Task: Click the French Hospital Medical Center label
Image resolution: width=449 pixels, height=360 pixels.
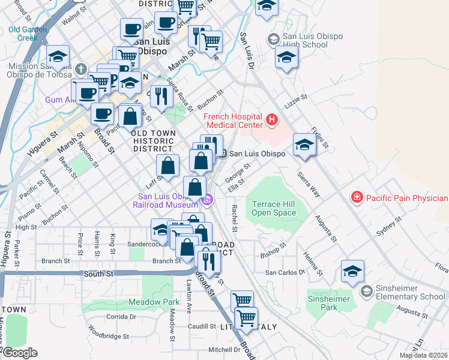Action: coord(234,121)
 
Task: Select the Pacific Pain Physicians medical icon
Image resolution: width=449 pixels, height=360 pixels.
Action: coord(357,197)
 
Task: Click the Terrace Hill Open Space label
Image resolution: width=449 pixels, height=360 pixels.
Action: coord(274,208)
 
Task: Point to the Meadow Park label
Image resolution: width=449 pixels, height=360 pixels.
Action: coord(154,302)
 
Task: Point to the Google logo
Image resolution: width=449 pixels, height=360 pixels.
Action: coord(19,352)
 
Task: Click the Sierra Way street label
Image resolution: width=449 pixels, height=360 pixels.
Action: coord(310,184)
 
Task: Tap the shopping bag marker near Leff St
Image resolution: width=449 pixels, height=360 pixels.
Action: coord(169,165)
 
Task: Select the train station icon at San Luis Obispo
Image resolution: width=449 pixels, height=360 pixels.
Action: coord(222,154)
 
